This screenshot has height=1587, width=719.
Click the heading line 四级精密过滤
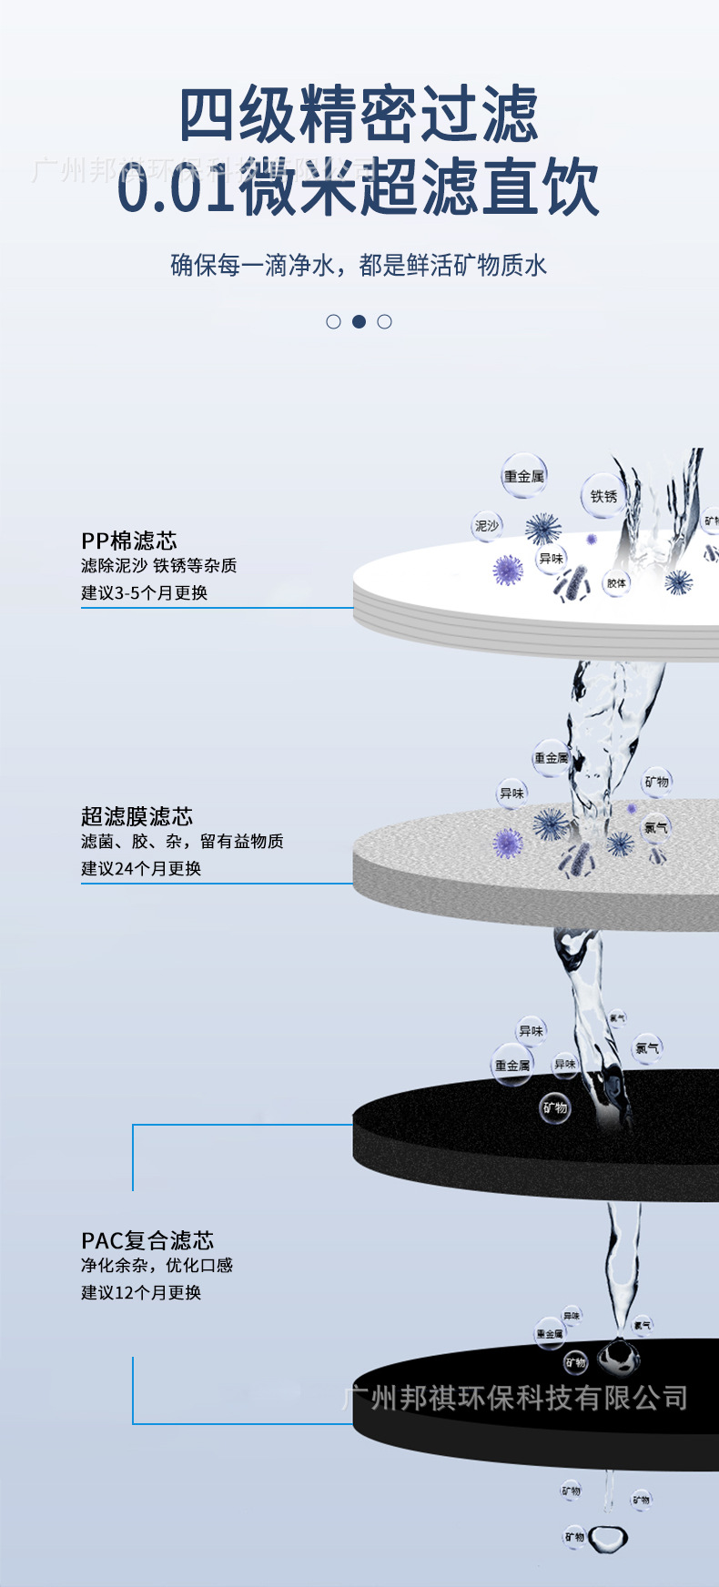pyautogui.click(x=359, y=116)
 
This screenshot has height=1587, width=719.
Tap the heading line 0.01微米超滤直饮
pyautogui.click(x=359, y=187)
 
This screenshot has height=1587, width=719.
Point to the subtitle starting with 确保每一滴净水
pyautogui.click(x=359, y=266)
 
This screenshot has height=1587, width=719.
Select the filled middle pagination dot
pyautogui.click(x=359, y=321)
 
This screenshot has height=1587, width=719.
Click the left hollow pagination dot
pyautogui.click(x=333, y=321)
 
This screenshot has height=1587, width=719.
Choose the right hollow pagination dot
pyautogui.click(x=384, y=321)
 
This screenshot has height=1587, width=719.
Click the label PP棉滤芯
pyautogui.click(x=129, y=541)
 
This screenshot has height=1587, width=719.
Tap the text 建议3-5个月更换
pyautogui.click(x=145, y=592)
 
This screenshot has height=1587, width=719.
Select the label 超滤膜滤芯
pyautogui.click(x=137, y=816)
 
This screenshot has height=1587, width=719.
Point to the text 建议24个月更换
pyautogui.click(x=141, y=868)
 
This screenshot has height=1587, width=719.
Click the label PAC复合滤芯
pyautogui.click(x=147, y=1240)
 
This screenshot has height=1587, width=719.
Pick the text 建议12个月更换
pyautogui.click(x=141, y=1292)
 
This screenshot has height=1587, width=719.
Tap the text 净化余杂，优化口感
pyautogui.click(x=157, y=1265)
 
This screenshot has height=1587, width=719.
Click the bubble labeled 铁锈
pyautogui.click(x=603, y=496)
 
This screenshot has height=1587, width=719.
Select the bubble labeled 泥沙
pyautogui.click(x=487, y=526)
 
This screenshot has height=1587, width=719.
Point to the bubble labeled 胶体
pyautogui.click(x=616, y=582)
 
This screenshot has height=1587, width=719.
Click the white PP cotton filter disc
pyautogui.click(x=455, y=591)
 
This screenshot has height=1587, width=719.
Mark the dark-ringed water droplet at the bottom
pyautogui.click(x=608, y=1539)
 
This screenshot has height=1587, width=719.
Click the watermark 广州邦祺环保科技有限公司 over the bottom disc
pyautogui.click(x=515, y=1398)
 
